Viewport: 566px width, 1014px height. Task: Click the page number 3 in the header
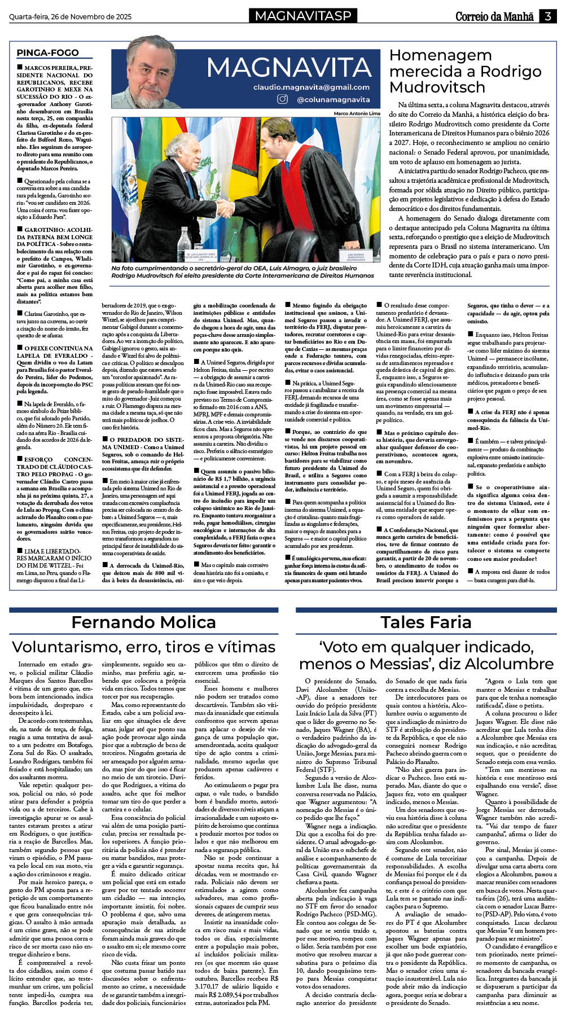pos(547,16)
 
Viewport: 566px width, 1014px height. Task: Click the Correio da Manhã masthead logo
pos(494,16)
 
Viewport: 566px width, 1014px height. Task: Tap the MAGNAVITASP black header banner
pos(303,16)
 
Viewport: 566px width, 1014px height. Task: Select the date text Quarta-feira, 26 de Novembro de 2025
pos(70,17)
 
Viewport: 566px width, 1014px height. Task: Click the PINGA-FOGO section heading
pos(47,52)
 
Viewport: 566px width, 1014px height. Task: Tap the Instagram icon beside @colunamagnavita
pos(282,99)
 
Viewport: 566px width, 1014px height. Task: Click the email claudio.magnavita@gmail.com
pos(311,87)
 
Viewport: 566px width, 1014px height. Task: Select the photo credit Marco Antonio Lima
pos(357,113)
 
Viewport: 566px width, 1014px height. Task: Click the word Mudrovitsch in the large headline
pos(437,87)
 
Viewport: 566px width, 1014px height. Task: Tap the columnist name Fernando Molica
pos(143,622)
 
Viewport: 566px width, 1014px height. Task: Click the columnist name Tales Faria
pos(425,622)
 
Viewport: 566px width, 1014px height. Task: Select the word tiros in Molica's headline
pos(182,647)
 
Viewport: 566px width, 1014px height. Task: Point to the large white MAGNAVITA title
pos(288,68)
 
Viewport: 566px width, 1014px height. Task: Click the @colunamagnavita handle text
pos(333,99)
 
